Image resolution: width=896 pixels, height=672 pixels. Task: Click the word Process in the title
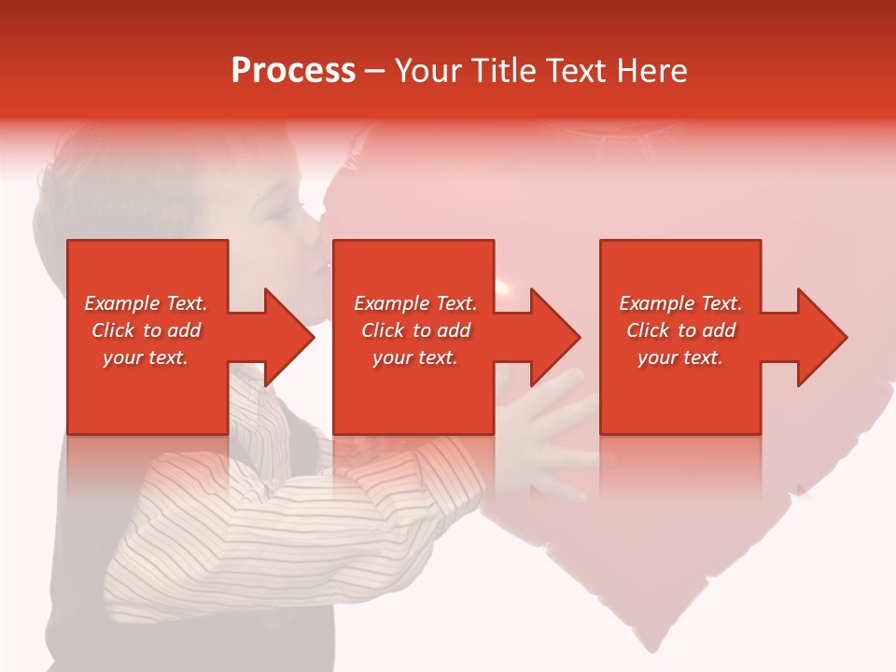pos(293,71)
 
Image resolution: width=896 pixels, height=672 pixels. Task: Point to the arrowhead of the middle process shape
pos(555,337)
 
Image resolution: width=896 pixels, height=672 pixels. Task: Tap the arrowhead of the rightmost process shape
pos(822,337)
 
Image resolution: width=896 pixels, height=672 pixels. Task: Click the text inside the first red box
pos(147,330)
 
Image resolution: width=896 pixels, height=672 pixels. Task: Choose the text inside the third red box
pos(680,330)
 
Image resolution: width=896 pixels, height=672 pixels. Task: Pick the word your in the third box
pos(657,357)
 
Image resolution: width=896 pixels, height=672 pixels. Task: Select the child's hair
pos(121,187)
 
